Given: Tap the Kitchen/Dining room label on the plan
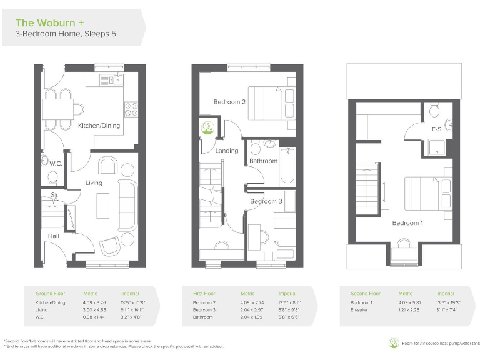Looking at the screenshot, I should pos(99,126).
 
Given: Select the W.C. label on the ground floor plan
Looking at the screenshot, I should pos(56,164).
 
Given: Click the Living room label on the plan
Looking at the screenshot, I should pos(94,182).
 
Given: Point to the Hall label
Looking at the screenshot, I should pos(54,236).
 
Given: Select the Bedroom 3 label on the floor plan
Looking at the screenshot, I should pos(266,201).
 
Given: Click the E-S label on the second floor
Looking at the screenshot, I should pos(437,129).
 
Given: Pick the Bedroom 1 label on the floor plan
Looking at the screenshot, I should pos(407,223).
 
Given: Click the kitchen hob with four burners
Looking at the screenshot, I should pos(131,109).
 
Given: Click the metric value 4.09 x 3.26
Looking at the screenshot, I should pos(94,302).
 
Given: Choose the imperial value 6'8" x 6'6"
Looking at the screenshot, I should pos(287,317).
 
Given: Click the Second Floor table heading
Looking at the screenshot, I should pos(365,293).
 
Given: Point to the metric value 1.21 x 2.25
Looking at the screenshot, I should pos(409,309).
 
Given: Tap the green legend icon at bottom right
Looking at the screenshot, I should pos(392,342).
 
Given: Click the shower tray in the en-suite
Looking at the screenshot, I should pos(436,147).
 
